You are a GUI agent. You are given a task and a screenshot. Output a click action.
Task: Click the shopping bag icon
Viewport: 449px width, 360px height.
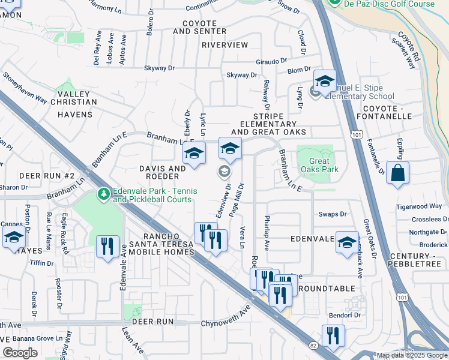pos(397,173)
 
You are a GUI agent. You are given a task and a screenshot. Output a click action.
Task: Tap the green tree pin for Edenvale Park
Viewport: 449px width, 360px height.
pos(104,194)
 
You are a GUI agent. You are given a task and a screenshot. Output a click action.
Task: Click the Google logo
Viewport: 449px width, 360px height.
pos(20,353)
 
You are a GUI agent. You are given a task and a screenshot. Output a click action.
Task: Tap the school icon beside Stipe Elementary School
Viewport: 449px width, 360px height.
pos(324,82)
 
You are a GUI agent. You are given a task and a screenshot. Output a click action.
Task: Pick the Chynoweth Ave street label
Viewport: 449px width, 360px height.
pos(225,317)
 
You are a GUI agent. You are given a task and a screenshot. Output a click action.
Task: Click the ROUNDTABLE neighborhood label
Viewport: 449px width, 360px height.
pos(326,289)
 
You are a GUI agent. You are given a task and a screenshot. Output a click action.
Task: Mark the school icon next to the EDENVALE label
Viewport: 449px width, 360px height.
pos(346,242)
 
